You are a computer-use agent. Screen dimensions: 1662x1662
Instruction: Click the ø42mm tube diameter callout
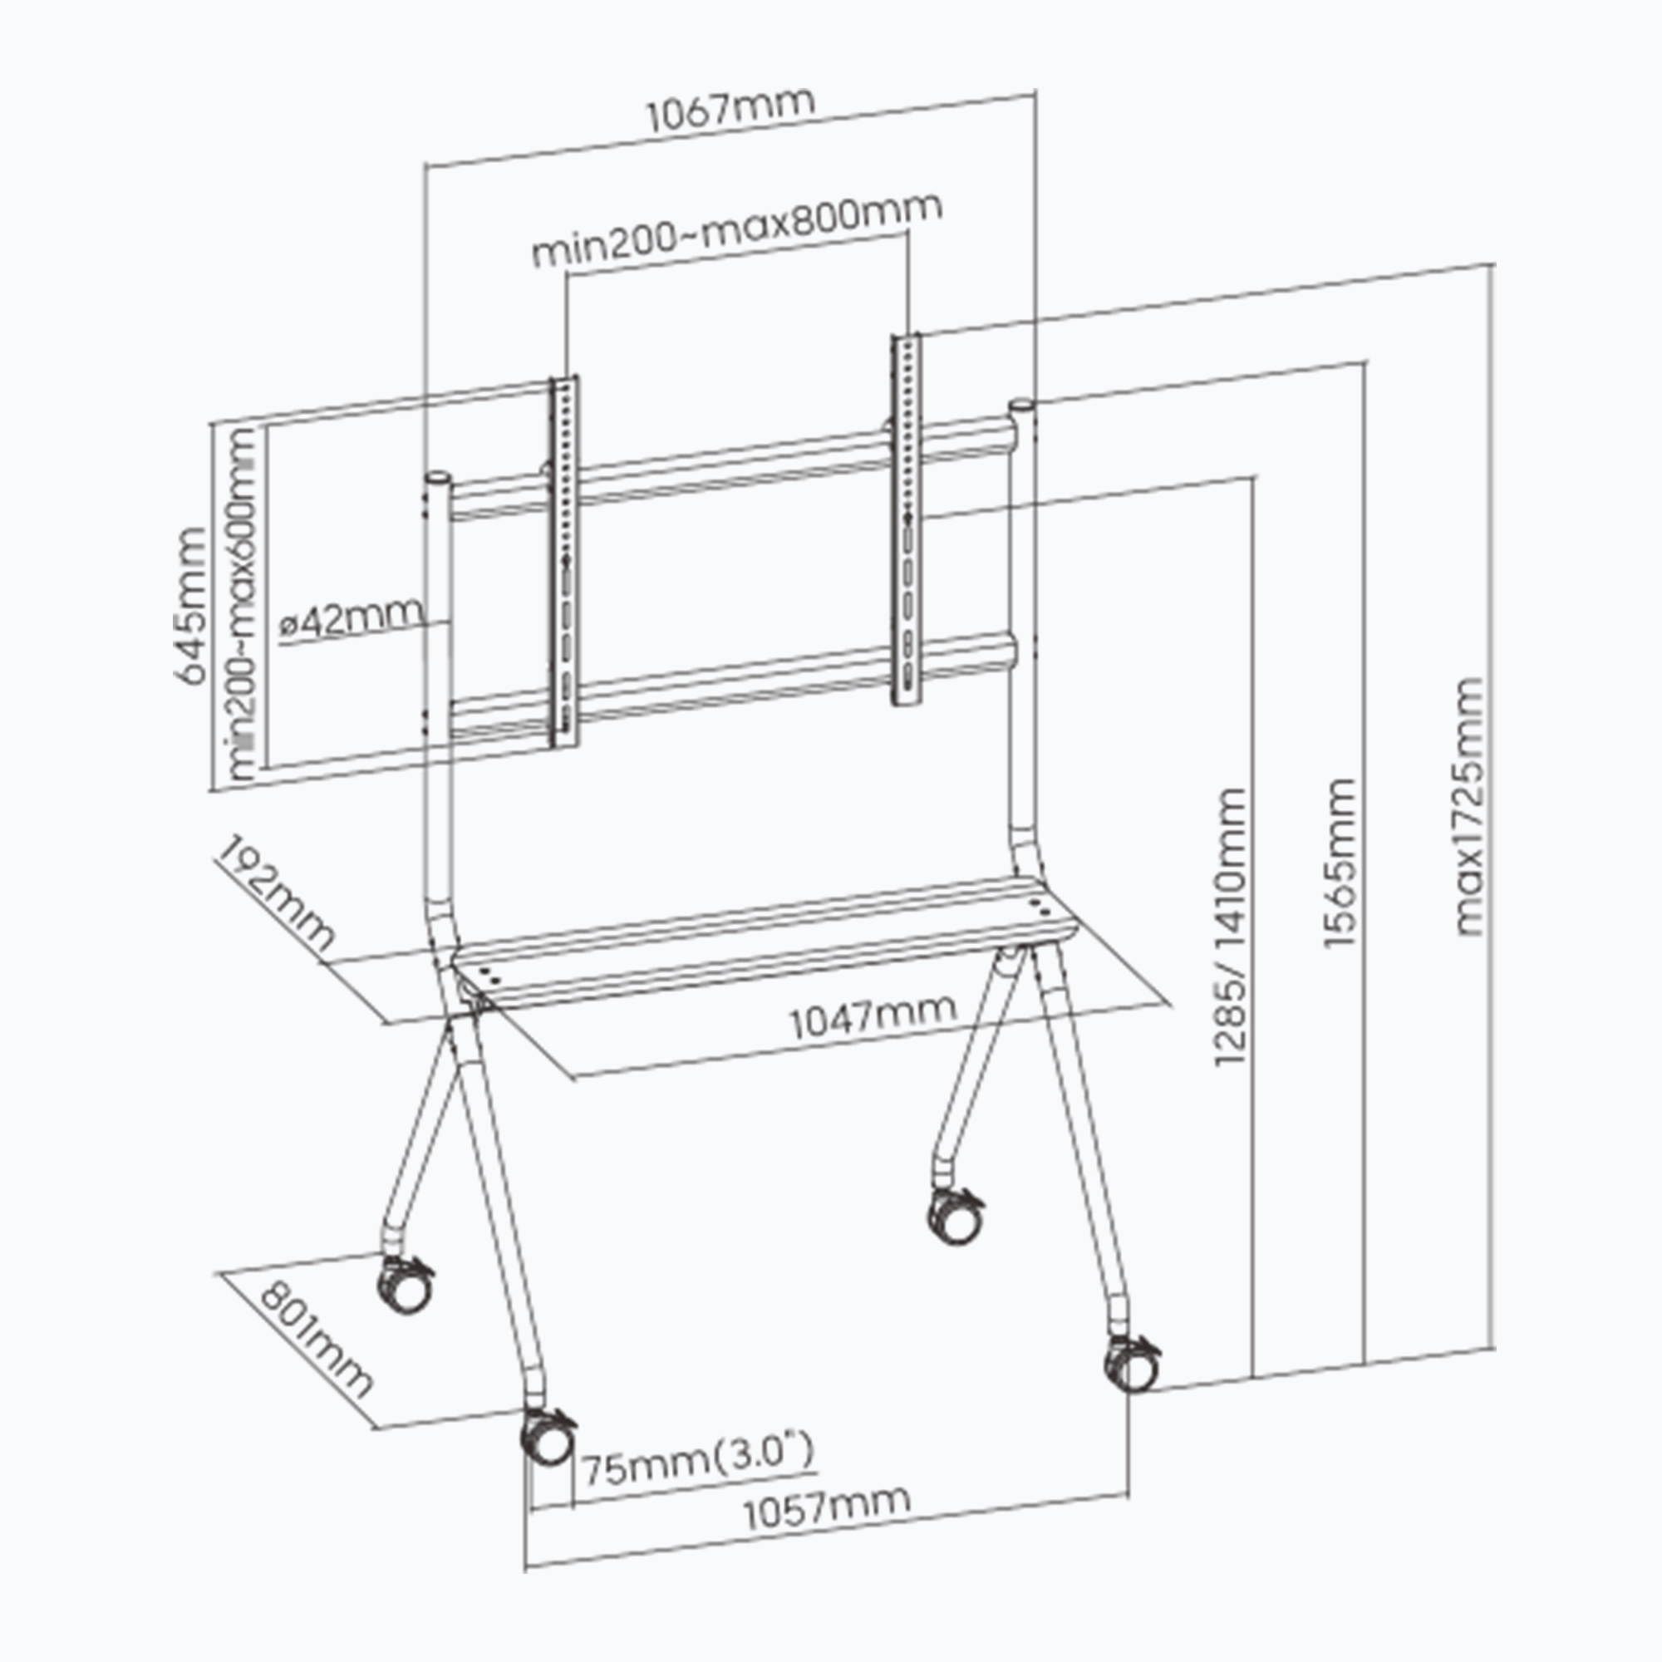pyautogui.click(x=353, y=617)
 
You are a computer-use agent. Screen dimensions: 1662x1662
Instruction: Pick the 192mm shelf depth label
pyautogui.click(x=274, y=894)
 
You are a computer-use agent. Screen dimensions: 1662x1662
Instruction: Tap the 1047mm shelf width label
pyautogui.click(x=873, y=1019)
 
